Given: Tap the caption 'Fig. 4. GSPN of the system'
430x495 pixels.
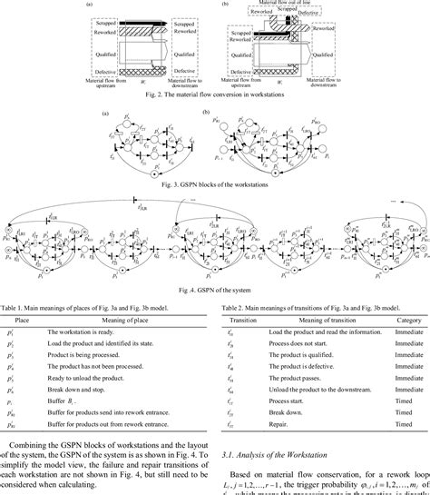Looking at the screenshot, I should coord(215,289).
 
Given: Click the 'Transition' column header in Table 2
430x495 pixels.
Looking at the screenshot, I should coord(238,319).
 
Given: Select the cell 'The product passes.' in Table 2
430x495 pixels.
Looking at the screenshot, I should coord(298,381).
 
